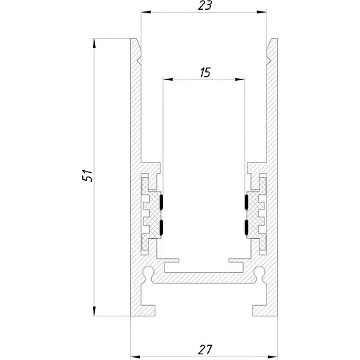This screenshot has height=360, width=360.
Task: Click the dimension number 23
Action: [x=205, y=6]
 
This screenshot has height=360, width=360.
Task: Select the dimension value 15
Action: [x=205, y=72]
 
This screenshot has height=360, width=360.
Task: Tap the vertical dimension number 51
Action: [x=87, y=175]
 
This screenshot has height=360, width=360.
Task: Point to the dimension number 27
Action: [x=205, y=349]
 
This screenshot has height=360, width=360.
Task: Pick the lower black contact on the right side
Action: [x=247, y=227]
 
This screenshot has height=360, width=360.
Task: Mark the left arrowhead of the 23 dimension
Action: [x=145, y=12]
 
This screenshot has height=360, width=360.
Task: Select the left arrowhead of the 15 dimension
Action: [x=167, y=79]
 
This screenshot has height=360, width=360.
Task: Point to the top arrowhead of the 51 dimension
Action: [x=94, y=44]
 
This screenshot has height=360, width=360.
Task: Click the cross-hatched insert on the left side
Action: [x=150, y=211]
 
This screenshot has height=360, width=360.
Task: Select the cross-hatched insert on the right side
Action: [x=259, y=211]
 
